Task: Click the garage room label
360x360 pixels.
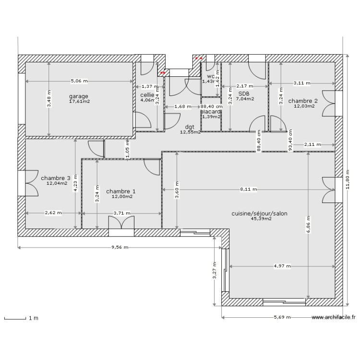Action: [x=78, y=96]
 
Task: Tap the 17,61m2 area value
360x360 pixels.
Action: [x=80, y=101]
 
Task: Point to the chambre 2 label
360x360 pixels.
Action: [x=303, y=101]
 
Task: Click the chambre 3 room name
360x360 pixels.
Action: [x=56, y=178]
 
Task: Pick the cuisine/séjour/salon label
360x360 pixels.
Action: [x=260, y=214]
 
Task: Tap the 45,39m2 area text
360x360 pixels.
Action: [x=261, y=219]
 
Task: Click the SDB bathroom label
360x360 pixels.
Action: [x=243, y=94]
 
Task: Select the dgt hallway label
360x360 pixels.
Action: [x=190, y=127]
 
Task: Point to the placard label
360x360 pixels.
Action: [x=211, y=111]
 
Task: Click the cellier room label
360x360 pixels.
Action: [x=147, y=95]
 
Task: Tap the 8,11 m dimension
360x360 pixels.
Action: [x=249, y=190]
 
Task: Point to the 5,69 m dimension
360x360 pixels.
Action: [x=282, y=317]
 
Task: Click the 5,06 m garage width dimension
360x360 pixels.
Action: [x=79, y=81]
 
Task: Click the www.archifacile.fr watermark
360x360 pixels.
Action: [x=334, y=317]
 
